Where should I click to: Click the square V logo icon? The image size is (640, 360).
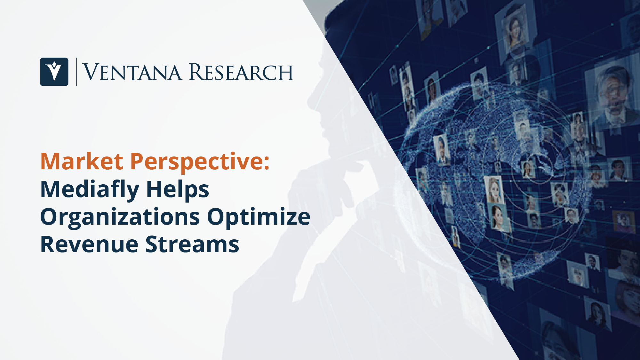point(54,72)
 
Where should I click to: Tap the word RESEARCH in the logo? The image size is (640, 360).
point(241,72)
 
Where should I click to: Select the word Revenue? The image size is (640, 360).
point(90,244)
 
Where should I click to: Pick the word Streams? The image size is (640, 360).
point(192,244)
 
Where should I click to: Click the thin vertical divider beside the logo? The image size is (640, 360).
point(76,72)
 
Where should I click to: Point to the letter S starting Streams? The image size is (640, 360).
point(153,244)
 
